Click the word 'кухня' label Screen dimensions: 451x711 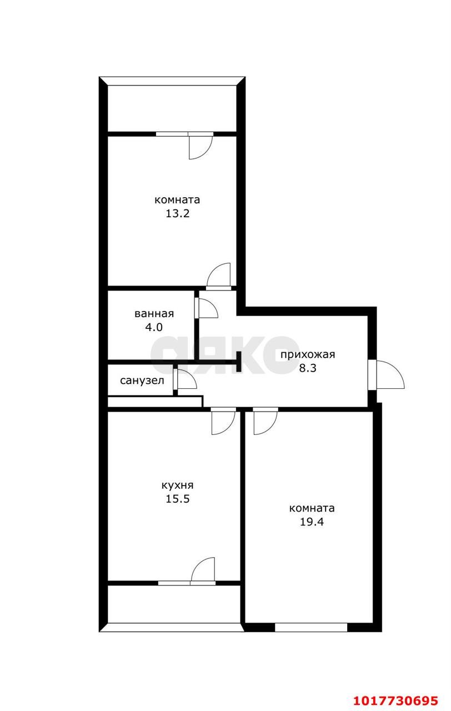tap(177, 485)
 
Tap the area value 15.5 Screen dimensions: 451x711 tap(177, 499)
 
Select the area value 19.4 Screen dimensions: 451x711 tap(312, 522)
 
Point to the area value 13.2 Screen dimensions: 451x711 tap(177, 213)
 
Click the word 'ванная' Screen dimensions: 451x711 tap(154, 314)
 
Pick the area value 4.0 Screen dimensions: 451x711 tap(154, 327)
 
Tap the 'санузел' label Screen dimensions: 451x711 tap(142, 380)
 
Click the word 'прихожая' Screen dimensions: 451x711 tap(308, 354)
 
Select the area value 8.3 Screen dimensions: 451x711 tap(308, 368)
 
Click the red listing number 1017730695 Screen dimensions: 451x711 tap(396, 700)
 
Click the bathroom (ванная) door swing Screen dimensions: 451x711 tap(208, 308)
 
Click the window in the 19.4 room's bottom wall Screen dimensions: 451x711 tap(311, 628)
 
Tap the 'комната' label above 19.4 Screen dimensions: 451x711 tap(312, 508)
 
